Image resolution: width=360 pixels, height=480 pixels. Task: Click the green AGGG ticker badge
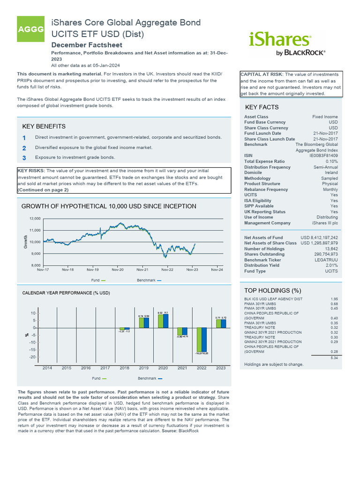[30, 30]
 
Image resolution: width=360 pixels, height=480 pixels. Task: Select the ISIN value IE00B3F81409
[324, 156]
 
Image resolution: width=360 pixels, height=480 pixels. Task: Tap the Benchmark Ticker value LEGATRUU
[326, 260]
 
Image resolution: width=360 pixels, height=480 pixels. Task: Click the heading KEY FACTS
[262, 107]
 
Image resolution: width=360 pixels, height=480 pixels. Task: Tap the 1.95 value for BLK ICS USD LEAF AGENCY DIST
[334, 299]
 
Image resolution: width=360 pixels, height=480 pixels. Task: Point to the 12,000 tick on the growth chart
[35, 219]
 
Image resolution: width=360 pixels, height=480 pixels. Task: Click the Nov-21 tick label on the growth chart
[142, 270]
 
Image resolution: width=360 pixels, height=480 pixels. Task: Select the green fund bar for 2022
[199, 340]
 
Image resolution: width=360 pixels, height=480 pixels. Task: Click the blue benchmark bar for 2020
[166, 321]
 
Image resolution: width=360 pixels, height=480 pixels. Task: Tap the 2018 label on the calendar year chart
[124, 368]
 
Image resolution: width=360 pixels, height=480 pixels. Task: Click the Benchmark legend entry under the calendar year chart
[150, 378]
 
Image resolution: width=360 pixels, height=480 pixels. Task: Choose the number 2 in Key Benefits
[24, 148]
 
